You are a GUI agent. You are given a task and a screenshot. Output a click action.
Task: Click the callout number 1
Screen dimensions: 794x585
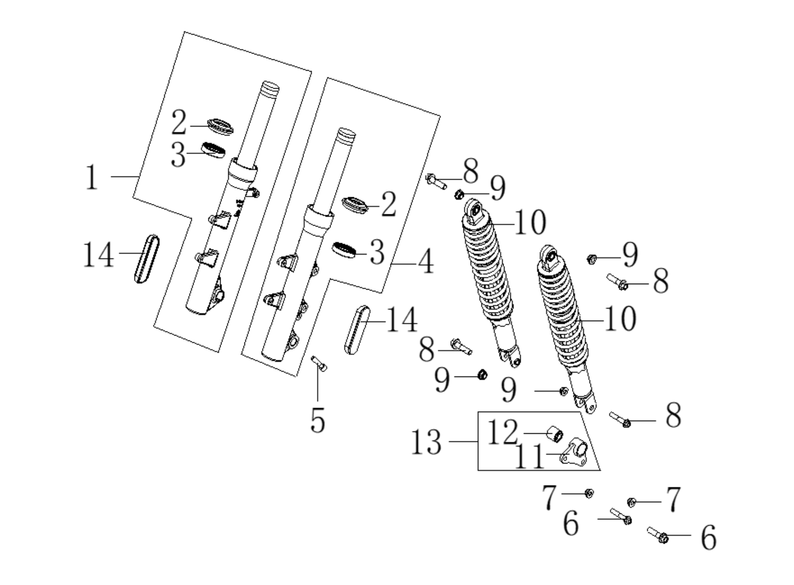92,177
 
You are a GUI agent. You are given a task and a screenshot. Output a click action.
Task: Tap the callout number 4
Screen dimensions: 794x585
426,262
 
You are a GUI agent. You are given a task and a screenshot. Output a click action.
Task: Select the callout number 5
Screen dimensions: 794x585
318,420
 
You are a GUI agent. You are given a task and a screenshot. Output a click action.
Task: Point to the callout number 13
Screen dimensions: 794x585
426,442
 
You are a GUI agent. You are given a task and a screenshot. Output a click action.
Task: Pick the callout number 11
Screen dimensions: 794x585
530,456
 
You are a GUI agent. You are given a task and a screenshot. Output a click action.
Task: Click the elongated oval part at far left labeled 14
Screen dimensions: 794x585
147,259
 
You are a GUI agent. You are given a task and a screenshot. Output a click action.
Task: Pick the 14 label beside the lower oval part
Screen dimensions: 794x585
402,320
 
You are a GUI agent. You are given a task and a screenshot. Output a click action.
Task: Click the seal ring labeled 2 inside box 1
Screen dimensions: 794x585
220,127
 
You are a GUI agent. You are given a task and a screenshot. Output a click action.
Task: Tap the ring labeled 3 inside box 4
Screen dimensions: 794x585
344,250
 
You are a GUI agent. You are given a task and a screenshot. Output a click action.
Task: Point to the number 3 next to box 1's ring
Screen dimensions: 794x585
178,155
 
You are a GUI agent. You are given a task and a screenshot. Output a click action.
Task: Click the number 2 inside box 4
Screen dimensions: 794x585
388,204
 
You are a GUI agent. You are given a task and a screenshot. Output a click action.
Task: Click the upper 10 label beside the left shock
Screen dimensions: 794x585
530,222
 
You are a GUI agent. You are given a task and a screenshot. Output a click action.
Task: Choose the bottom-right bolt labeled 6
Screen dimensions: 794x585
657,535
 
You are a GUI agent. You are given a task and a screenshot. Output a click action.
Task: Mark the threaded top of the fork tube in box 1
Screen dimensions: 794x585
270,89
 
